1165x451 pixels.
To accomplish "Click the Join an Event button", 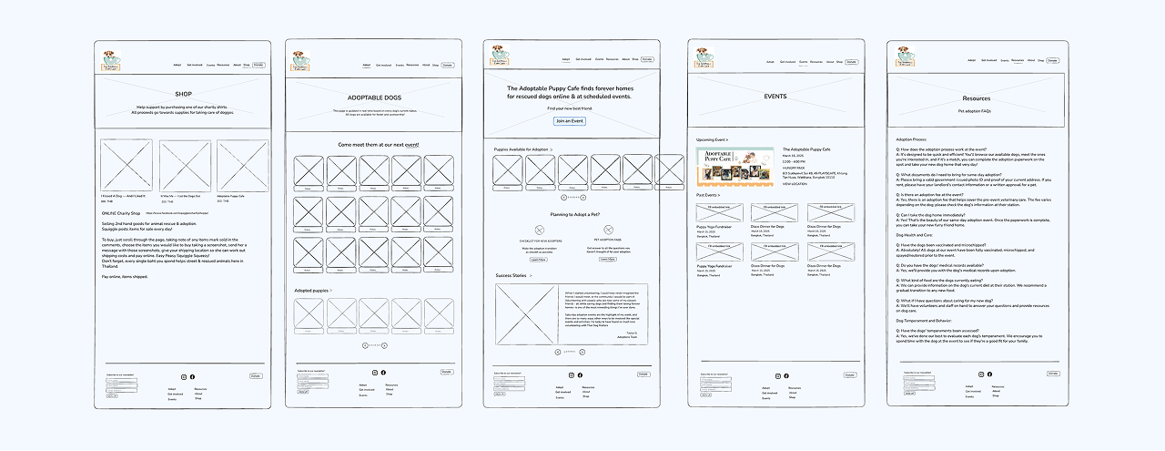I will [x=570, y=121].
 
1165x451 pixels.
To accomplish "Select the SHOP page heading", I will [x=183, y=94].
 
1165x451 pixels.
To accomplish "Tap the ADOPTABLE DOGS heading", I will [x=374, y=97].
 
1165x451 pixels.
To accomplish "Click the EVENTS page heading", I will [x=775, y=96].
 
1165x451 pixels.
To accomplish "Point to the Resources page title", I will [x=976, y=98].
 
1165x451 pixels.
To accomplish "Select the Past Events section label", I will [x=708, y=195].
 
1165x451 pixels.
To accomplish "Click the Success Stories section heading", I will [x=512, y=275].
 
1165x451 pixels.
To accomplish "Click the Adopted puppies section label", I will [x=313, y=291].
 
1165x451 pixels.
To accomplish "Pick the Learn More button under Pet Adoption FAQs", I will [x=607, y=260].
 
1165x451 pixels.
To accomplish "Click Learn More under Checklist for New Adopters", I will [x=538, y=260].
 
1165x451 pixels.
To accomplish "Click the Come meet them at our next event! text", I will [x=379, y=145].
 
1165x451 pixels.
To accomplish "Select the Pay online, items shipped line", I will [x=123, y=276].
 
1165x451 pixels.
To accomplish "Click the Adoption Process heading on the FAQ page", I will [x=911, y=139].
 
